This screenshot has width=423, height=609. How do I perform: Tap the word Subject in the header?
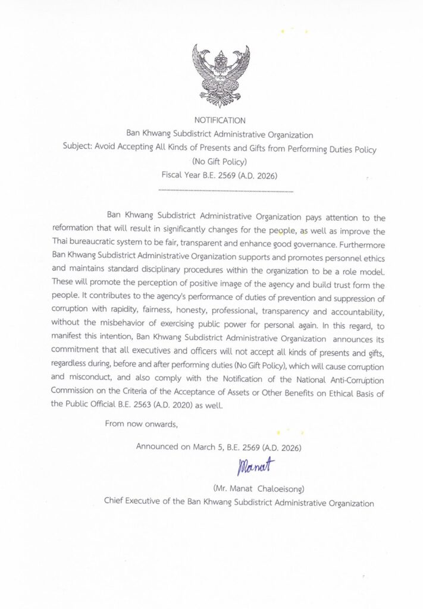76,149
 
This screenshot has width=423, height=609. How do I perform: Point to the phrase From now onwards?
141,424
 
